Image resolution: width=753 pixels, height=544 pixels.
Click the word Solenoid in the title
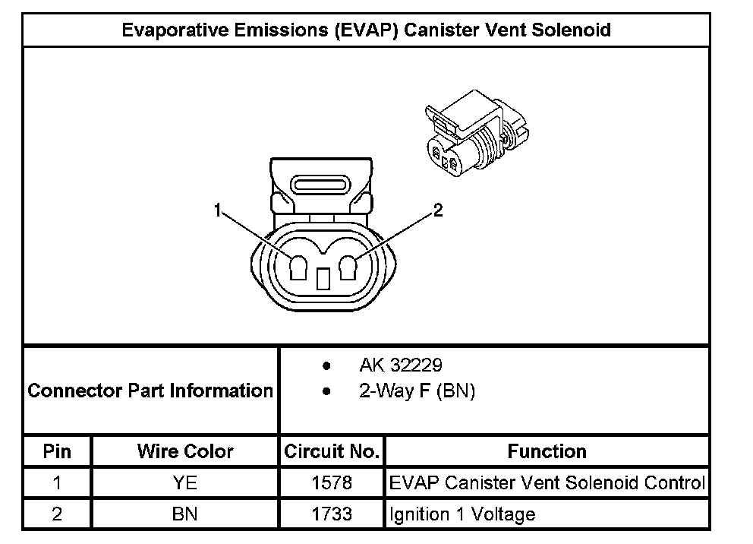pos(574,30)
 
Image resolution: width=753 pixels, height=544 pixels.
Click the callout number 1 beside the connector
pos(218,211)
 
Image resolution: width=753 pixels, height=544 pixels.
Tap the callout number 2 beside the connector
pos(436,211)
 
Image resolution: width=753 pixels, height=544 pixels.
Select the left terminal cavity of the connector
pos(298,267)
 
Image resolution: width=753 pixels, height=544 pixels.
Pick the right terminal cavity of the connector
pos(349,267)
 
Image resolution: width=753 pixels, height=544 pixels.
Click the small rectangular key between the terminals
pos(323,279)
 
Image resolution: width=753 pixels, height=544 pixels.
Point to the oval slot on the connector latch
pos(320,185)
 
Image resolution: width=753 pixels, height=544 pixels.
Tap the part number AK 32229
pos(400,366)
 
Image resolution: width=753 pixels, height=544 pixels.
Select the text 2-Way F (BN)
pos(416,392)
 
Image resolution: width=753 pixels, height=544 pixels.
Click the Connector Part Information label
pos(150,391)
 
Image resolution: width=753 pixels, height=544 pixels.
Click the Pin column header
pos(57,451)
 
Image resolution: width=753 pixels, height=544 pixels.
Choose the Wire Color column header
pos(185,451)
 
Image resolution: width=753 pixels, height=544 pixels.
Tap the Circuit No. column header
pos(332,451)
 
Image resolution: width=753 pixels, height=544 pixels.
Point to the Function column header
pos(547,451)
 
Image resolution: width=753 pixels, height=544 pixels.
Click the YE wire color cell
pos(185,483)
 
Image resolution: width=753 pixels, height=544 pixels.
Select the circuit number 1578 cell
pos(332,483)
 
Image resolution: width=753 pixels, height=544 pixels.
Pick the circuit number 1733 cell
pos(332,514)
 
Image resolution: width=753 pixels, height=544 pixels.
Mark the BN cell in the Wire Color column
pos(185,514)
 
